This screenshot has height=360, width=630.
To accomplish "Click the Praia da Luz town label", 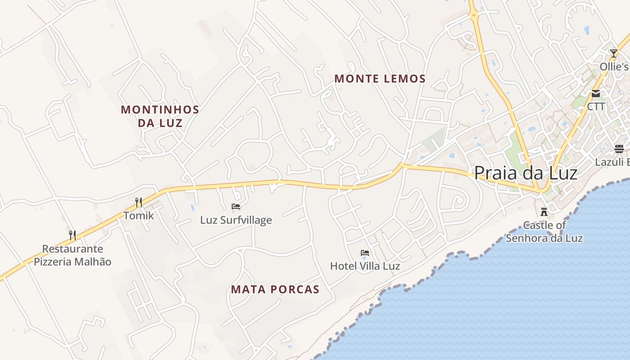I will (x=526, y=173).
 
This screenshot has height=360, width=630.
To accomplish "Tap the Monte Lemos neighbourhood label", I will (x=380, y=79).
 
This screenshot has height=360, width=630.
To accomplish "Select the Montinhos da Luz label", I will (x=160, y=116).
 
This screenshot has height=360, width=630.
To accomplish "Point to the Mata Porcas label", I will (x=275, y=289).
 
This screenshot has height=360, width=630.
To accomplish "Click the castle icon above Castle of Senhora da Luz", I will (x=544, y=211).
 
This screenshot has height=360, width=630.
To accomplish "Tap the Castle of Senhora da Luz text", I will (x=544, y=232).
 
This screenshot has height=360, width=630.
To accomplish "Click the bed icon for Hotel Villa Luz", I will (x=365, y=253).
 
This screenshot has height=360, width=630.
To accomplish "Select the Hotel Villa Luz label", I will (x=365, y=266).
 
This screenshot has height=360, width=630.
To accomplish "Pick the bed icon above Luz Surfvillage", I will (x=236, y=207).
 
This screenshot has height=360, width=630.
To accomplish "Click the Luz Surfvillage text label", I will (x=236, y=220).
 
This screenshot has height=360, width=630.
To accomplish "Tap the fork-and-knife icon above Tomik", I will (x=139, y=202).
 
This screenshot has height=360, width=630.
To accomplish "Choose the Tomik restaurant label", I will (x=139, y=216).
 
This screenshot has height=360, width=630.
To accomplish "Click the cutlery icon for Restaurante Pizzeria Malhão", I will (x=72, y=235).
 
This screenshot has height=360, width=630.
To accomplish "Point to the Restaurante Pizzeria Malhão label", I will (x=72, y=255).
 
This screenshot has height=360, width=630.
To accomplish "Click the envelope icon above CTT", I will (x=596, y=94).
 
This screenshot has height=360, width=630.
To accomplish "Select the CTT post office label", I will (x=596, y=107).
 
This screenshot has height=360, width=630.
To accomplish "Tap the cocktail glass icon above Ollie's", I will (x=614, y=54).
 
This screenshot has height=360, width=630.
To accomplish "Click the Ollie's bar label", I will (x=614, y=67).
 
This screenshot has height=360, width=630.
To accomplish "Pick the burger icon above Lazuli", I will (x=619, y=149).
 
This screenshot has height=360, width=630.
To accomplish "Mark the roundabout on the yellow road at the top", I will (x=473, y=16).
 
